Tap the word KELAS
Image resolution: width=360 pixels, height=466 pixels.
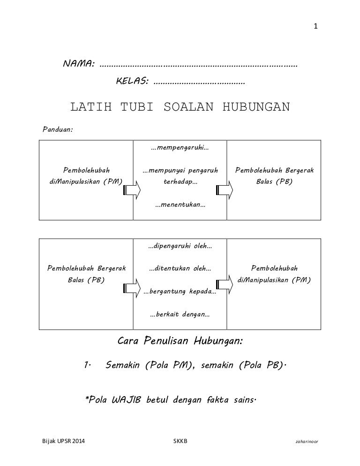pos(132,82)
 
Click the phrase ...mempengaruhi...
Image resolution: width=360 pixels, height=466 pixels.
pos(180,148)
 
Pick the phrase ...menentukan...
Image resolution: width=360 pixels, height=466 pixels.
pos(180,205)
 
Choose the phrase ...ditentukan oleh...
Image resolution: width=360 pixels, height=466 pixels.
pos(180,269)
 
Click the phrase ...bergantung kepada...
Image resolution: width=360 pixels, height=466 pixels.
pos(180,292)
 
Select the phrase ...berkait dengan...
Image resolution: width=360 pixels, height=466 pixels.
pos(180,315)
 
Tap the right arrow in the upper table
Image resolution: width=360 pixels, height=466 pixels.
pos(225,190)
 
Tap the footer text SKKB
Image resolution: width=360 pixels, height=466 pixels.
pos(180,441)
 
